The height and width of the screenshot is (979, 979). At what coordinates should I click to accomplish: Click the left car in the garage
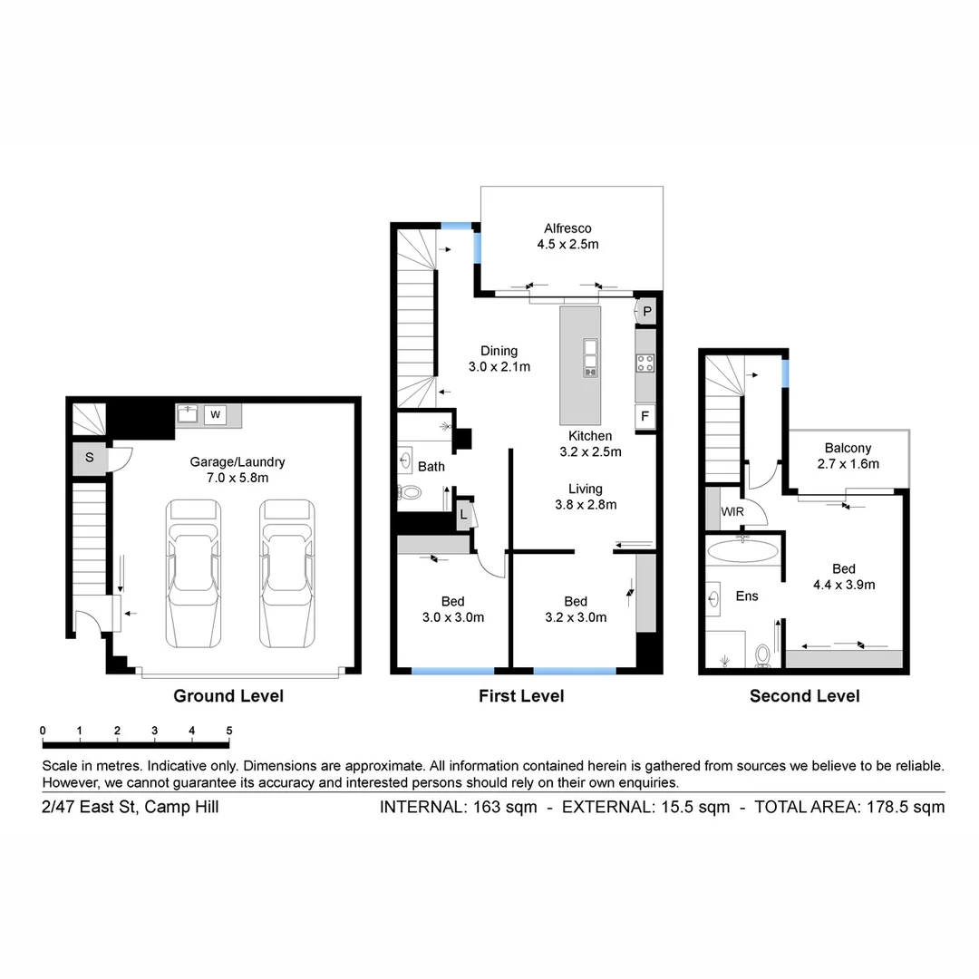pos(193,573)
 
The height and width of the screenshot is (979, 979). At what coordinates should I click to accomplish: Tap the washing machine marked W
pos(216,415)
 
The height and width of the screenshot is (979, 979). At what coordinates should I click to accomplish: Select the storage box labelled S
pos(89,458)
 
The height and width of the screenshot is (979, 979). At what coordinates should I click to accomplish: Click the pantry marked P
pos(646,312)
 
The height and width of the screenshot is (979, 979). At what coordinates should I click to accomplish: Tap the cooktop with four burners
pos(645,363)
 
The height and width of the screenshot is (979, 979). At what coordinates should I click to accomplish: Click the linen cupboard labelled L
pos(463,514)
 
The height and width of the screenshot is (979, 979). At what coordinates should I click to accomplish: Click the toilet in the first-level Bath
pos(410,493)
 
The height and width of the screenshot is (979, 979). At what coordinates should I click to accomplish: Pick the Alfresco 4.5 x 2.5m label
pos(567,236)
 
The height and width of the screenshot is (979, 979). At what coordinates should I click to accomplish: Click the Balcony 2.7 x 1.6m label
pos(848,455)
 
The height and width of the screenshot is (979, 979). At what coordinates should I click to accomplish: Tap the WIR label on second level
pos(732,512)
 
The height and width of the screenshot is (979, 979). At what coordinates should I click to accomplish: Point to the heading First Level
pos(521,696)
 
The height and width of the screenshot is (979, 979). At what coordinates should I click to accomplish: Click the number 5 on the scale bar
pos(229,731)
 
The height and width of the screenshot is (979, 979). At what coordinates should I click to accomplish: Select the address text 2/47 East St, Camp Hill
pos(130,807)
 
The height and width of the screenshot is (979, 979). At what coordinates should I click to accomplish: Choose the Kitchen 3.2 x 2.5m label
pos(590,443)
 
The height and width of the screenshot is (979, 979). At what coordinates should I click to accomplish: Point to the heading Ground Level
pos(228,696)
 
